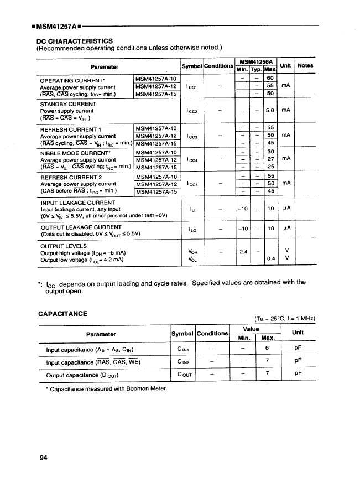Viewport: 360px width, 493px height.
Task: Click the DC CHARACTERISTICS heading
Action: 75,40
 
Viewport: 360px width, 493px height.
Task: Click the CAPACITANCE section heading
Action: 62,314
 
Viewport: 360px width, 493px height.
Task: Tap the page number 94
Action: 44,457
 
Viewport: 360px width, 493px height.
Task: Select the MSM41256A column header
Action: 255,61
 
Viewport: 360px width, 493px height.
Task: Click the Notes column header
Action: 305,65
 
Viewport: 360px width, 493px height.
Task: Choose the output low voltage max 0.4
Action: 270,258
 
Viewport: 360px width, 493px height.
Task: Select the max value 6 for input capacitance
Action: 267,349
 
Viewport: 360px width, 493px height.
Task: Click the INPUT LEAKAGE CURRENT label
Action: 78,203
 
